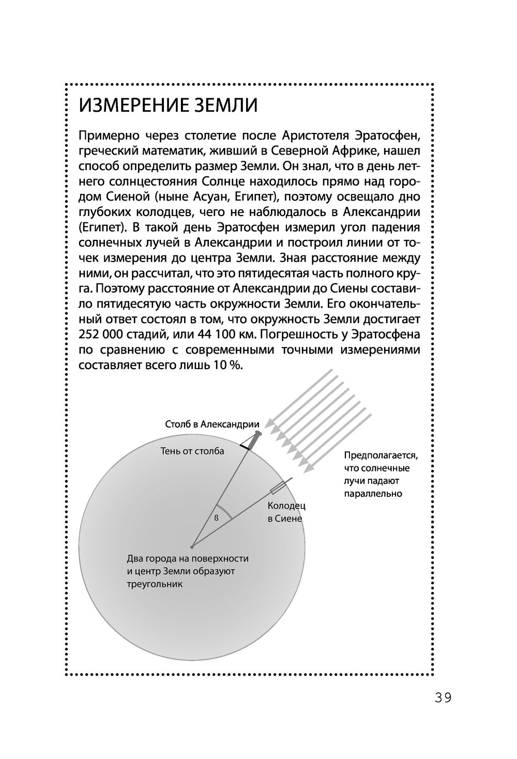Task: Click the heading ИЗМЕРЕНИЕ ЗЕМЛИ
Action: tap(168, 105)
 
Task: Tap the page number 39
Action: tap(443, 697)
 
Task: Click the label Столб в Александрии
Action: tap(212, 424)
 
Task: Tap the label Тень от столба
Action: tap(192, 451)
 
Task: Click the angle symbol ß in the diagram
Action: tap(217, 518)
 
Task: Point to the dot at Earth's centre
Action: tap(192, 546)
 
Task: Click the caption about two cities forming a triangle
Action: tap(188, 571)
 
